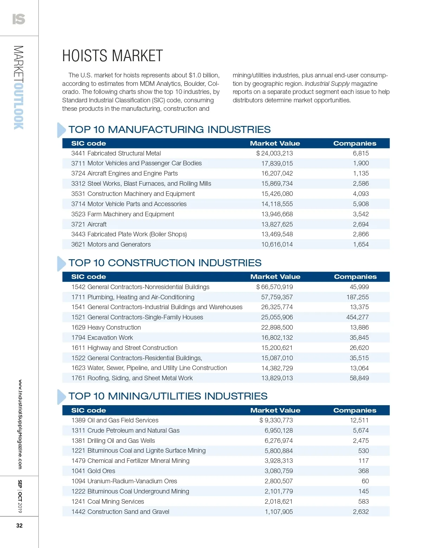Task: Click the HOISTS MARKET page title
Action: tap(113, 56)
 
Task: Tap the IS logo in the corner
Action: tap(19, 19)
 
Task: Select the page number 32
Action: tap(19, 525)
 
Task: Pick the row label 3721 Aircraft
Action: tap(89, 224)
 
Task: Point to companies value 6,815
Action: tap(361, 153)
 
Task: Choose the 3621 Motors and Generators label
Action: tap(111, 244)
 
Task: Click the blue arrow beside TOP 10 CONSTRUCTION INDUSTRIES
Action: tap(61, 263)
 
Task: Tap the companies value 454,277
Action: tap(357, 317)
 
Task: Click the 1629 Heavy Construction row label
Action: tap(106, 327)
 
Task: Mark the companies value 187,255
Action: tap(357, 297)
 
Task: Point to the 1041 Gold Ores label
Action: tap(93, 471)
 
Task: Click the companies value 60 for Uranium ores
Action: tap(365, 481)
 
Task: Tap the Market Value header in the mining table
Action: tap(275, 410)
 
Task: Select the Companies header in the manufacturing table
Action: tap(354, 144)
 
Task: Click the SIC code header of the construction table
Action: tap(89, 277)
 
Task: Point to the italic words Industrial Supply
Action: tap(327, 84)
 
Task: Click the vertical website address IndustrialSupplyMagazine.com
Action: tap(20, 424)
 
